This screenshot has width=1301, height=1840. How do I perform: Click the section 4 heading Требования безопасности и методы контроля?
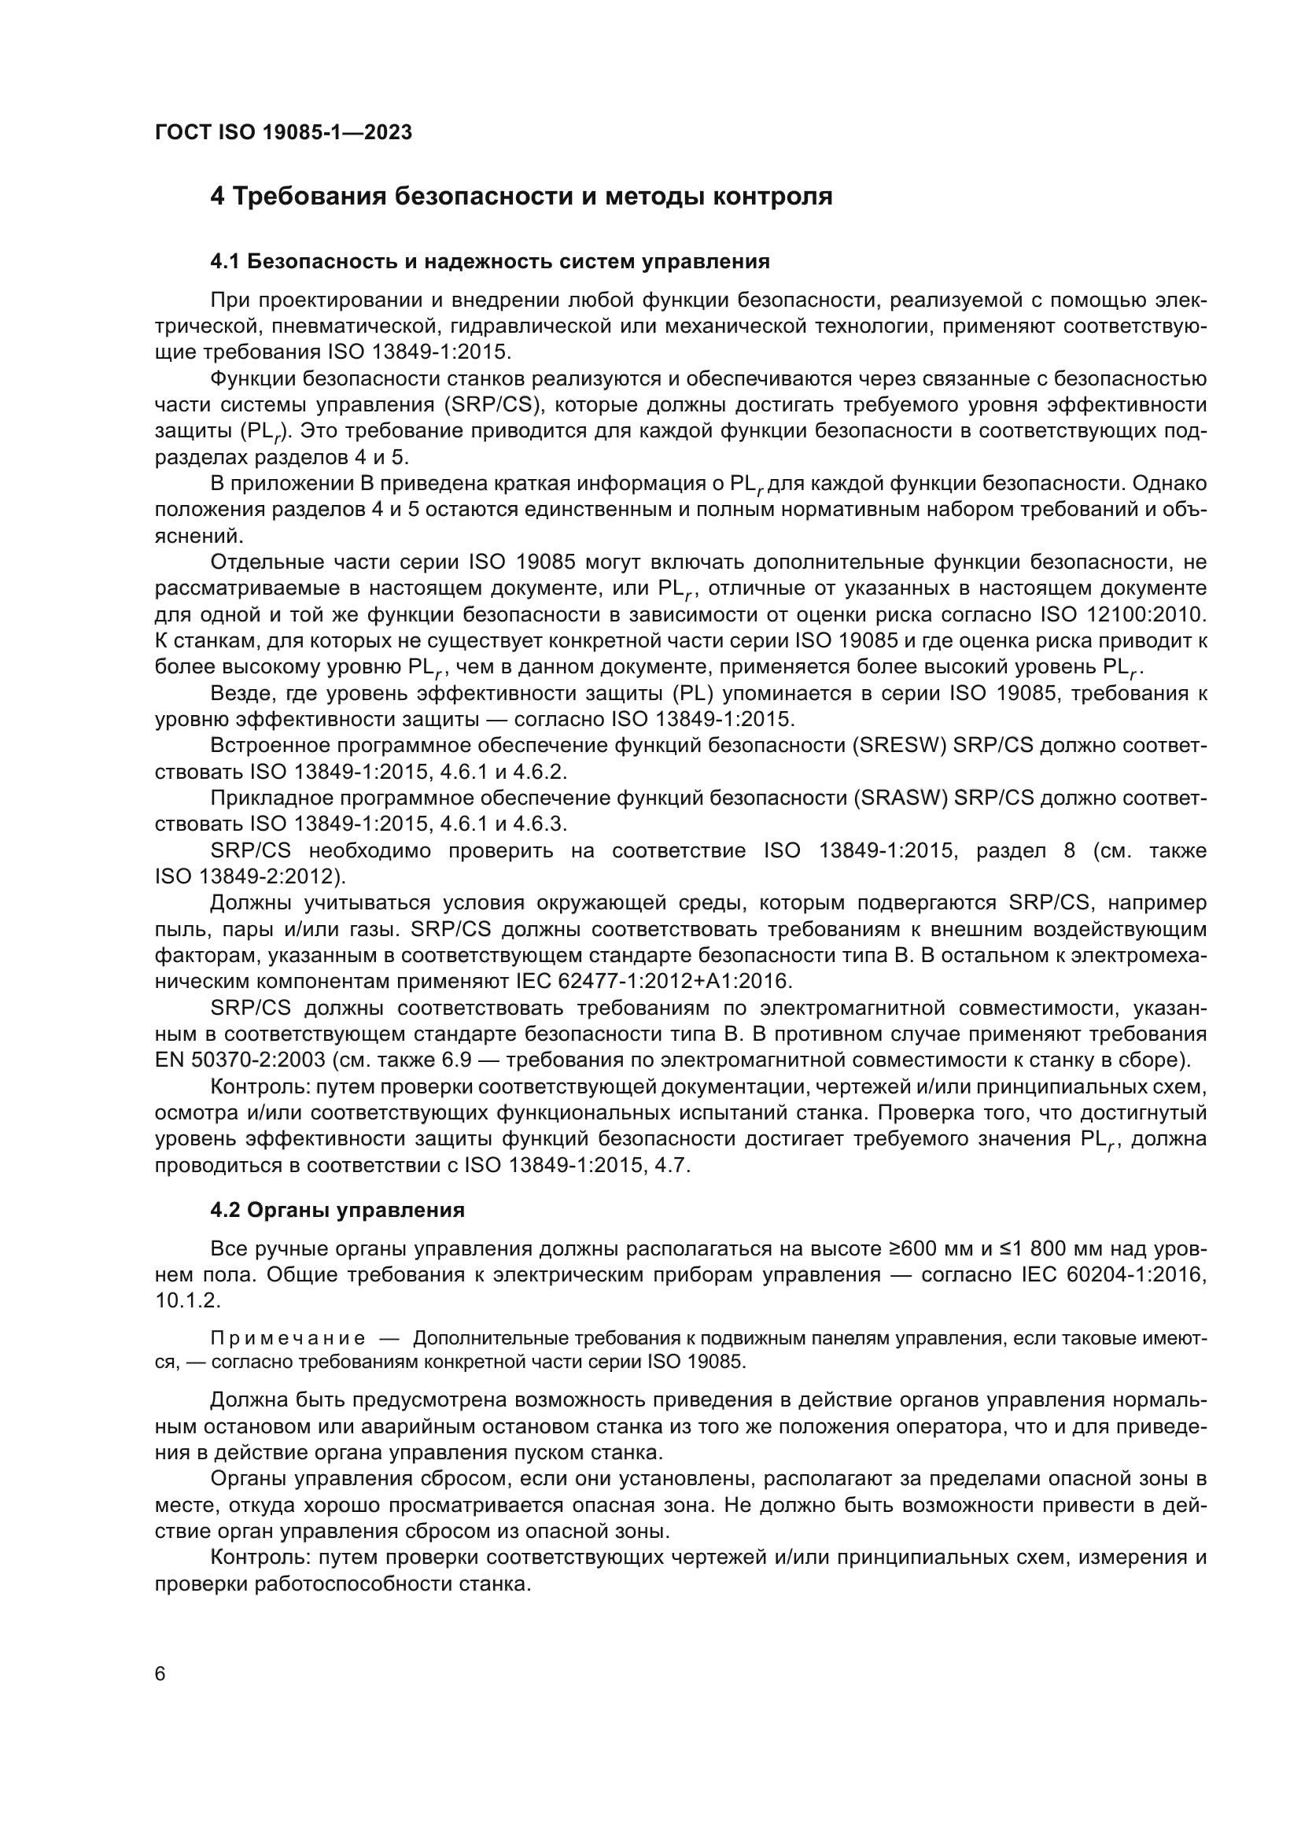point(521,197)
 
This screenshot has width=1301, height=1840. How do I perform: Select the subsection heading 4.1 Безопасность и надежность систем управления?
point(489,261)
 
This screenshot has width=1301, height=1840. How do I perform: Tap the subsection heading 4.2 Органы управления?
point(337,1210)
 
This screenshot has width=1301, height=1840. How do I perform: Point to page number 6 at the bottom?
point(160,1674)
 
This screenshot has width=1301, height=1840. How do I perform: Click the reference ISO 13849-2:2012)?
point(250,876)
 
